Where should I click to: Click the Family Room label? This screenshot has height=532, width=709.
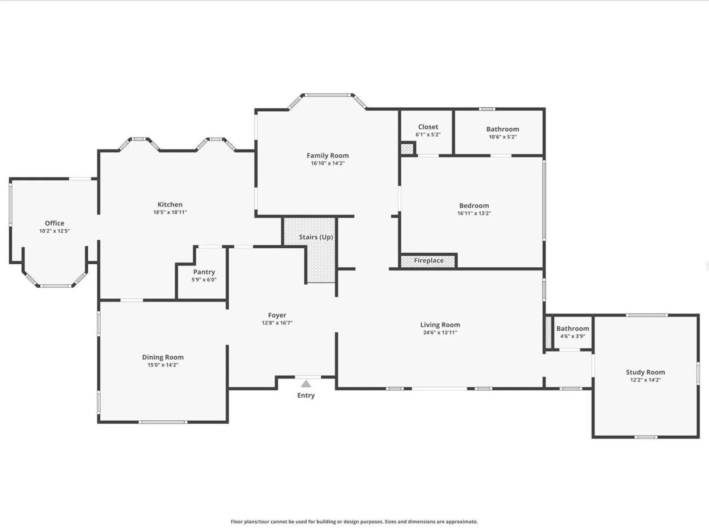(327, 156)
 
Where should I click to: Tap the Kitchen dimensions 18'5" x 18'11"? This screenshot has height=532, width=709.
(170, 212)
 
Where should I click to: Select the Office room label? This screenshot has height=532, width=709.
(55, 223)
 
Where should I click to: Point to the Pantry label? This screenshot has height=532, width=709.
(204, 272)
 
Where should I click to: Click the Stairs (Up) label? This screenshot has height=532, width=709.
(316, 237)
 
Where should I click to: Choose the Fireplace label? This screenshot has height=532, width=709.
(429, 260)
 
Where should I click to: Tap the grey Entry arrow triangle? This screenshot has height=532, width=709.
(306, 384)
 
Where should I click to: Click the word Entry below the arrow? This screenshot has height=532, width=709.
(306, 395)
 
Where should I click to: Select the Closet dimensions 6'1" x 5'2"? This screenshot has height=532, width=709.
(428, 135)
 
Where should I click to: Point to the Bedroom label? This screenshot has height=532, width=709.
(474, 206)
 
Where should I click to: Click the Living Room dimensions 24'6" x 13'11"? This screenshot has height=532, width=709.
(440, 332)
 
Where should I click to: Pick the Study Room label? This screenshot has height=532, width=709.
(645, 372)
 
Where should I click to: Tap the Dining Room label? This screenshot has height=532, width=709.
(163, 357)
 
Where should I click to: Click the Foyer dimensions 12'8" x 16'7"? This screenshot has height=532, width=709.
(277, 323)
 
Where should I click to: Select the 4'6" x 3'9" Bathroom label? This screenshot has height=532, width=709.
(573, 329)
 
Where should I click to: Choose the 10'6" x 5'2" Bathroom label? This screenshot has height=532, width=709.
(503, 129)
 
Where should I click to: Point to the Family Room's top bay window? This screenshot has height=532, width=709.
(327, 95)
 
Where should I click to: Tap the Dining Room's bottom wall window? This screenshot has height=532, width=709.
(163, 422)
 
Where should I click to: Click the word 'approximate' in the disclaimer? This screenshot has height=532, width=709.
(462, 522)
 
